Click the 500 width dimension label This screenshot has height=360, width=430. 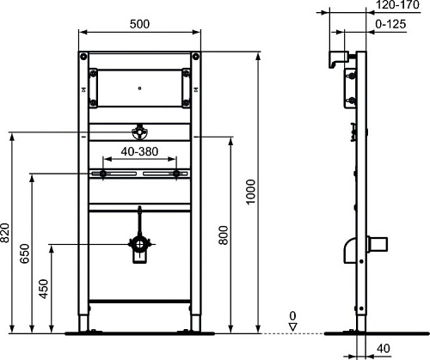[139, 24]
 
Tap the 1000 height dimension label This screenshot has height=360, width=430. [250, 192]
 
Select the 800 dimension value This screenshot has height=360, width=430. [224, 235]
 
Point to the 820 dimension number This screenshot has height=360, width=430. [4, 233]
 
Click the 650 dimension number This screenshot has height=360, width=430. [24, 253]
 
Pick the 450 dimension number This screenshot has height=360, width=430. [44, 289]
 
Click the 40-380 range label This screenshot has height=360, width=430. [139, 151]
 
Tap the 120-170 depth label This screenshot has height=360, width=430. [397, 4]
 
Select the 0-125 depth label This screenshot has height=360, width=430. [390, 24]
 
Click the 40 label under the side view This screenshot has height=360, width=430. [384, 349]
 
